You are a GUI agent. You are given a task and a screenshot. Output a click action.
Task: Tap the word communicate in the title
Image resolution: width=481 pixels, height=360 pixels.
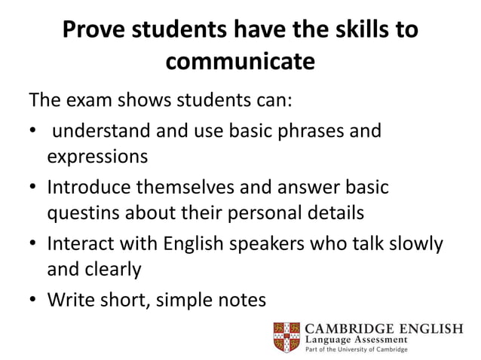[x=240, y=62]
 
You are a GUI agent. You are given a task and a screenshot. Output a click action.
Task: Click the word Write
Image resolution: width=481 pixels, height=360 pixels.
[x=70, y=299]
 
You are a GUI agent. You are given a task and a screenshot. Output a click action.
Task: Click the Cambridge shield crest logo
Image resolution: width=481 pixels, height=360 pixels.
[x=286, y=337]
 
